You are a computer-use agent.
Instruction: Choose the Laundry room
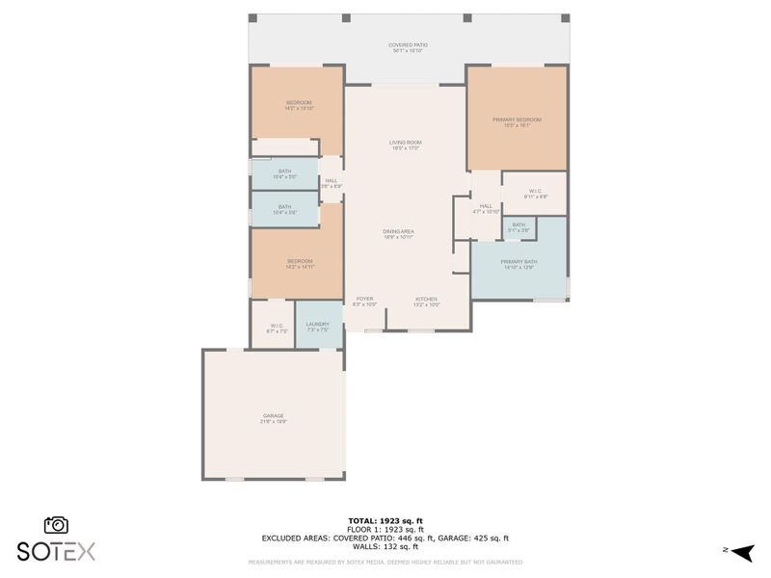(318, 328)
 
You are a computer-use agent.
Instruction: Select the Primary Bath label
(517, 264)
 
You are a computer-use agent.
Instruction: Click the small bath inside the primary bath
(518, 227)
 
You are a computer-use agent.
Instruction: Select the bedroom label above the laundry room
(298, 263)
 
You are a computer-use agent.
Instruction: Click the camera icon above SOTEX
(56, 525)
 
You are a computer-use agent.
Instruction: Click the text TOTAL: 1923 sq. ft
(385, 520)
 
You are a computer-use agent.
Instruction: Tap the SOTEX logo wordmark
(56, 552)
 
